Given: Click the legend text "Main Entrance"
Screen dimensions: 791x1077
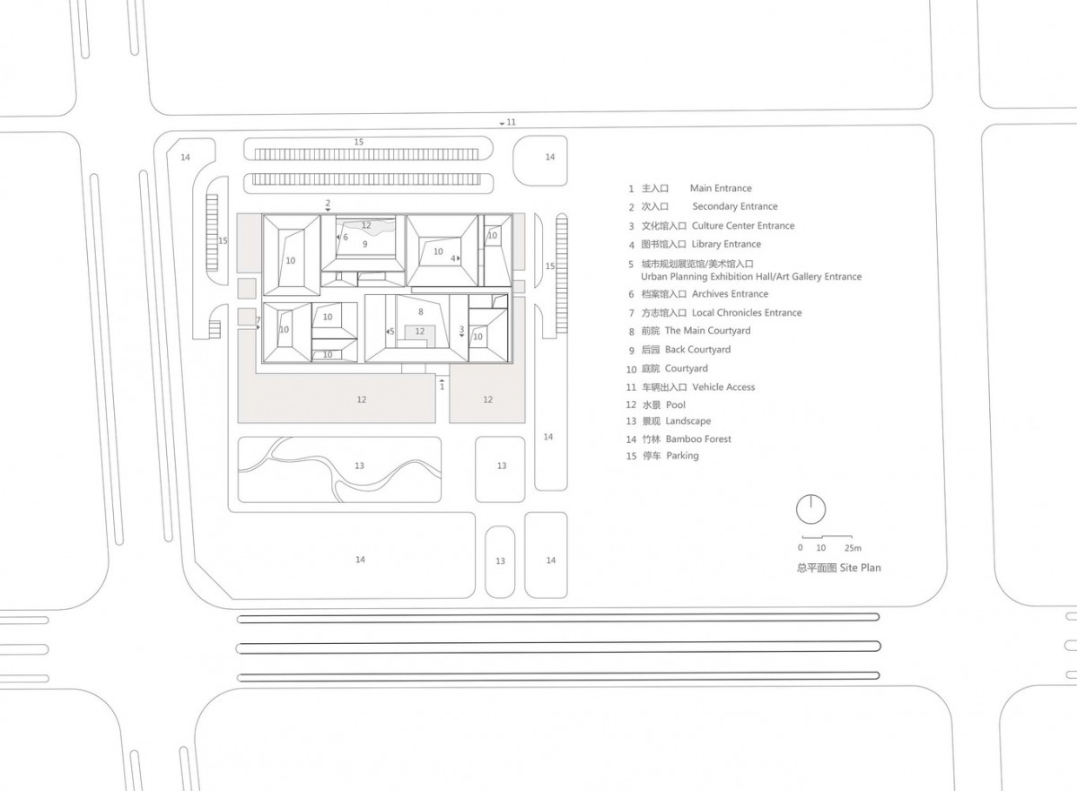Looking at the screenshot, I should click(x=720, y=188).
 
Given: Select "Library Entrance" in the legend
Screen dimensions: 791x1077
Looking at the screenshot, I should click(x=726, y=244).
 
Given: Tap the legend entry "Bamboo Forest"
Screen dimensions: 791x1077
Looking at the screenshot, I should click(x=698, y=439).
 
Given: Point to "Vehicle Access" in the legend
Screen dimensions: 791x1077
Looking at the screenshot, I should click(x=723, y=387).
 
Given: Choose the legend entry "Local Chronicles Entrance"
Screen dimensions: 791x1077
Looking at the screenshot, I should click(x=747, y=313).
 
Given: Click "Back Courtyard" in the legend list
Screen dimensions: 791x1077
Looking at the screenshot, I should click(x=697, y=350).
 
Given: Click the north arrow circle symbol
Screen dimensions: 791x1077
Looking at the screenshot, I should click(x=811, y=509).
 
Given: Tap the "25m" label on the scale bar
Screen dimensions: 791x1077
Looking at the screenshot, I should click(x=851, y=548).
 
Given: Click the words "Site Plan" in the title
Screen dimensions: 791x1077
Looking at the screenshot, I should click(x=861, y=568).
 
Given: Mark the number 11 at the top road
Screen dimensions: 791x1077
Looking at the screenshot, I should click(x=512, y=122).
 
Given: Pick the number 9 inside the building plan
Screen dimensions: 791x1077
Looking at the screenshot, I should click(x=365, y=244).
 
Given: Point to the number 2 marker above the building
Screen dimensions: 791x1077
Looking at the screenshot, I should click(x=328, y=204).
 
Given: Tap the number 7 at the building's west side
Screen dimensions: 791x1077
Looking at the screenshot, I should click(x=258, y=320).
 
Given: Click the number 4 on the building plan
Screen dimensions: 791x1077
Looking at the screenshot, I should click(x=454, y=258).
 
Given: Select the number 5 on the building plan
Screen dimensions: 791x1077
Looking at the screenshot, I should click(x=392, y=332).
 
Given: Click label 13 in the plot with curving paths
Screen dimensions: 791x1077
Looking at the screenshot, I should click(x=359, y=465).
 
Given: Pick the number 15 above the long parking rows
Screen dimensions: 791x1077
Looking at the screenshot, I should click(x=358, y=143).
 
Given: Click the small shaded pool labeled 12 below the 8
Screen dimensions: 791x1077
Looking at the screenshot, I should click(x=419, y=332).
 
